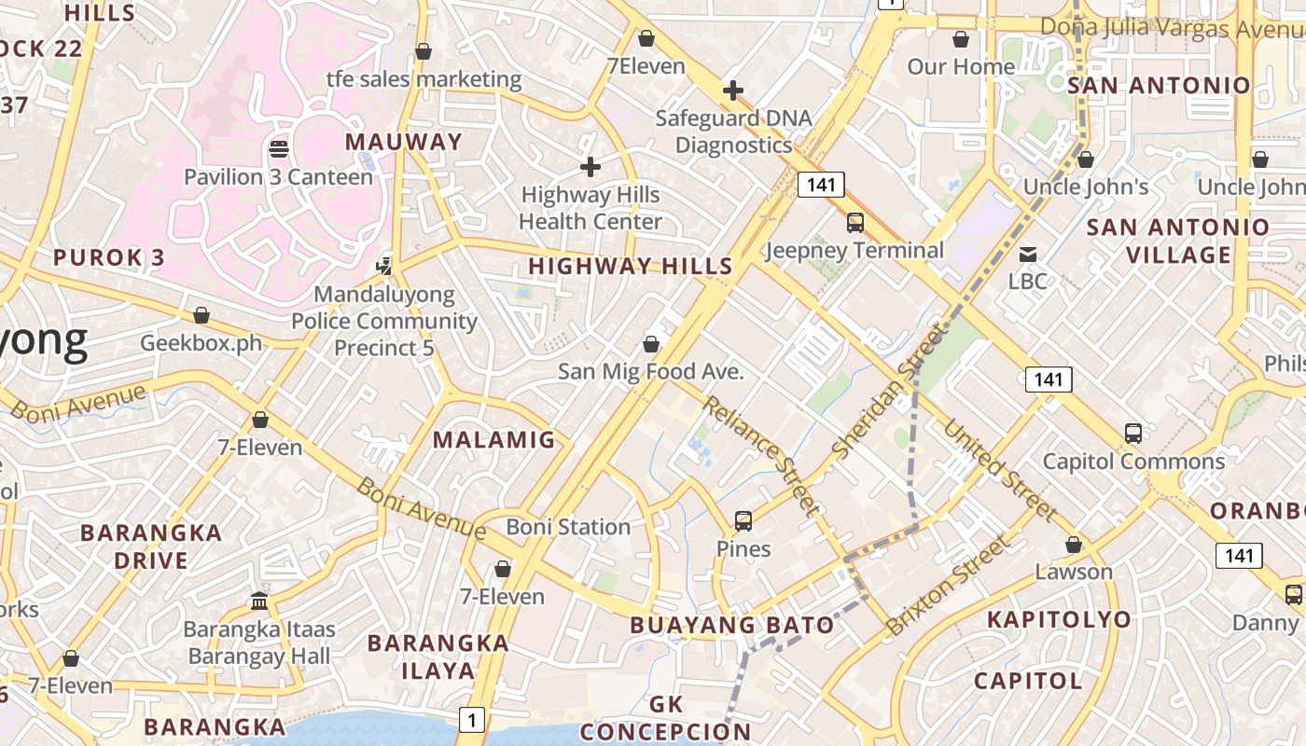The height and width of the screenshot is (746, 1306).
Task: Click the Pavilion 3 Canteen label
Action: [x=278, y=176]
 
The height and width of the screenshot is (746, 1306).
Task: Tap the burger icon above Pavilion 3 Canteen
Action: [x=278, y=148]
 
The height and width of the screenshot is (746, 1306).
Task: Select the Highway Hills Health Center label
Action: [x=590, y=208]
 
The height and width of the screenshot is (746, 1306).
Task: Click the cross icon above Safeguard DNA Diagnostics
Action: [x=733, y=90]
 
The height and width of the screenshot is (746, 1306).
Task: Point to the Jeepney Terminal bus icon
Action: [x=854, y=223]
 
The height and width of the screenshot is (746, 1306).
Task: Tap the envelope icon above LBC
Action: [x=1027, y=255]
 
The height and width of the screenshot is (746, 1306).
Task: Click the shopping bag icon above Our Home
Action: [x=961, y=40]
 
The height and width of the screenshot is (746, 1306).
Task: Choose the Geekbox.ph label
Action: [x=201, y=342]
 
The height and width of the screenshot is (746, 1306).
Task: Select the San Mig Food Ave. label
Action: [x=650, y=371]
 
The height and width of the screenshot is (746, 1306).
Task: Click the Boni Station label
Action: [x=568, y=527]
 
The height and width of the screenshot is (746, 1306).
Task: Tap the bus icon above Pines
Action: [x=743, y=521]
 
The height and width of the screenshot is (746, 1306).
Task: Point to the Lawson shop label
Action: [x=1074, y=572]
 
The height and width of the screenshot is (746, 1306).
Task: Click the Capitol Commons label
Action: [x=1133, y=461]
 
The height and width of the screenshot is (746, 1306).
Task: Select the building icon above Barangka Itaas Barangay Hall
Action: [x=259, y=601]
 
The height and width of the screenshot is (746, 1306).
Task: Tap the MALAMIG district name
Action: [x=494, y=439]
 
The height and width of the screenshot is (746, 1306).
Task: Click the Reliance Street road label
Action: [x=761, y=455]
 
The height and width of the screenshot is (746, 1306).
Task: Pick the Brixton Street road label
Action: [x=948, y=585]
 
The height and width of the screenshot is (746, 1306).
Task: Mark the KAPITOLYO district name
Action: [x=1059, y=619]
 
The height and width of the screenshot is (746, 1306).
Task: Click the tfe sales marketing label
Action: [x=424, y=79]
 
